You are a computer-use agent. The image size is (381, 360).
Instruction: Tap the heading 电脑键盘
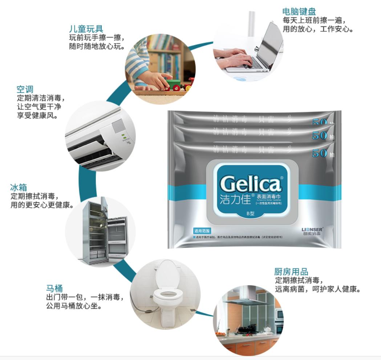pos(299,11)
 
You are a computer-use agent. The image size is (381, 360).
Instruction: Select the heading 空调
pos(25,89)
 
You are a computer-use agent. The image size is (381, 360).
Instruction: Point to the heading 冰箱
pos(19,188)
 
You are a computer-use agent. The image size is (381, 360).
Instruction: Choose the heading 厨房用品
pos(291,272)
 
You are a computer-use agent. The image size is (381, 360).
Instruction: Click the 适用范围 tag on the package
pos(202,231)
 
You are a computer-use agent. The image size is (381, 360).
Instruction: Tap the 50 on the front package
pos(319,153)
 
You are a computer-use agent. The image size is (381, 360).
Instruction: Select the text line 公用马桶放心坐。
pos(73,306)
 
